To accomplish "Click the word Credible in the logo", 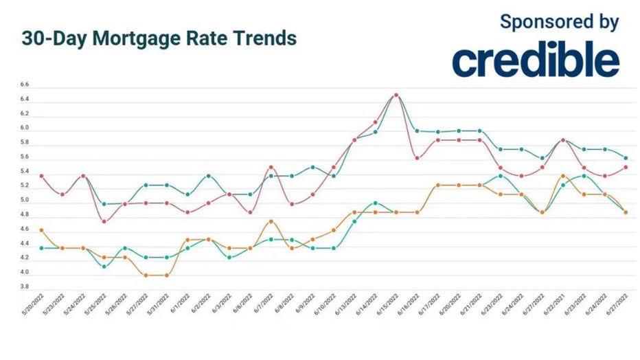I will point(536,62).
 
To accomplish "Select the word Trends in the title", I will point(266,38).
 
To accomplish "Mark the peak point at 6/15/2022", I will point(396,95).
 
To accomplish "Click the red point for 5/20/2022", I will point(42,176).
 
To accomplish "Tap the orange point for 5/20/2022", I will point(42,230).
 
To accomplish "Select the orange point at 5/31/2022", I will point(167,275).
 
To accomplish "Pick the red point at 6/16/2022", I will point(417,158).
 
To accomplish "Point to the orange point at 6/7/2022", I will point(271,221).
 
